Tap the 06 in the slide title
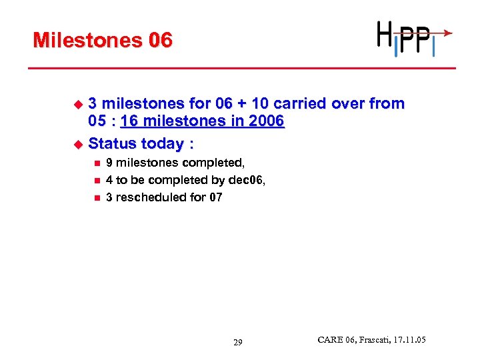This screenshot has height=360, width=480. tap(161, 41)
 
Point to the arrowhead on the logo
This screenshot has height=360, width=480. tap(449, 32)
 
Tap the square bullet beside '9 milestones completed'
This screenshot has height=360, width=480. tap(97, 163)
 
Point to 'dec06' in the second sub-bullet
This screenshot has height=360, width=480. tap(249, 180)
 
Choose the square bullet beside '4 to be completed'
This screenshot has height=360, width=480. tap(97, 180)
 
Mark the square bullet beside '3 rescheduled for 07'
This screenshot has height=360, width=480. tap(97, 197)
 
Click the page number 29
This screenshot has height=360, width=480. tap(238, 343)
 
